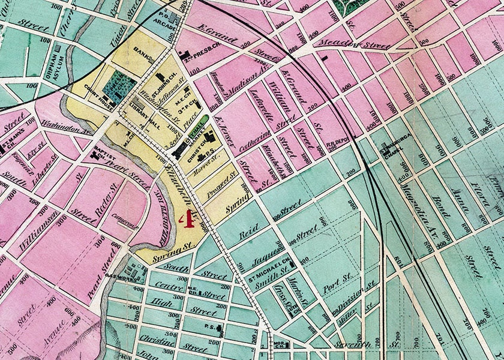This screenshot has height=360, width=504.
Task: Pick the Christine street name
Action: (x=158, y=344)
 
